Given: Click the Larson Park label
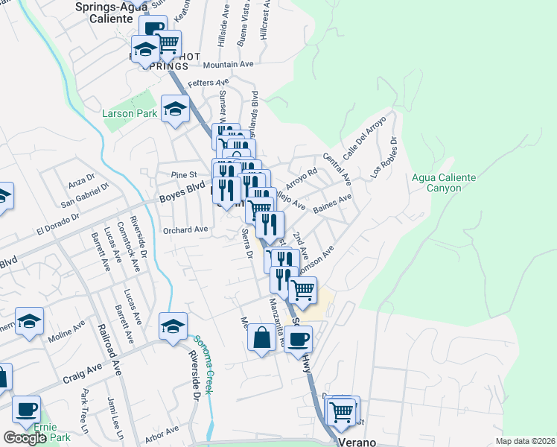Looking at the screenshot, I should [x=130, y=114].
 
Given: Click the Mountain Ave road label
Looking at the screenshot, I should [x=223, y=65].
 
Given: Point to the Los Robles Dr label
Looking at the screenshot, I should [x=384, y=157].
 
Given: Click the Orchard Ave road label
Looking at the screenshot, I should [x=185, y=230].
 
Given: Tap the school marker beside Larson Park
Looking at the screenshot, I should [x=175, y=109].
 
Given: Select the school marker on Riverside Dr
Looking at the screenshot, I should [x=173, y=326].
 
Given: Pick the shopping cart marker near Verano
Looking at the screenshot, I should [x=342, y=410].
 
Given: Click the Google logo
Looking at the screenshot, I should [x=25, y=438].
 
